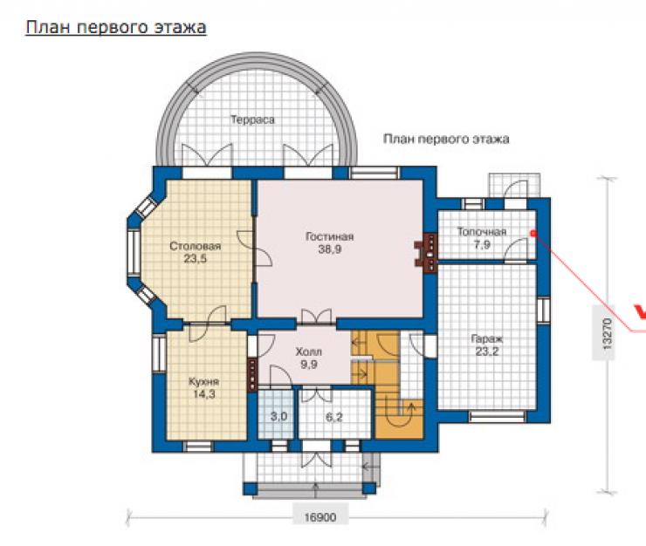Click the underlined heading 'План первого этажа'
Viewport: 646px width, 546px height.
click(x=116, y=28)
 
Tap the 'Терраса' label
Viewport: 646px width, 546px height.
click(x=252, y=119)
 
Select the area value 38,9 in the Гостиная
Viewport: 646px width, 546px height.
click(x=330, y=249)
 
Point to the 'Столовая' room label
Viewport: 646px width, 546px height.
click(x=196, y=246)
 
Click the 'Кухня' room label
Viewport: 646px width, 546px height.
click(x=204, y=382)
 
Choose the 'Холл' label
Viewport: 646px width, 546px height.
click(x=308, y=352)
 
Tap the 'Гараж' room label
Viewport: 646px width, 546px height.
click(x=487, y=339)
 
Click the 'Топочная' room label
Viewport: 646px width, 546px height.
click(x=482, y=232)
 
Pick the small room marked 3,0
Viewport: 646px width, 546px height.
click(x=275, y=414)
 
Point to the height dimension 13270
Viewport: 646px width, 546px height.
click(x=608, y=333)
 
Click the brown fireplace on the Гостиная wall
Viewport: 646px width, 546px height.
click(x=426, y=253)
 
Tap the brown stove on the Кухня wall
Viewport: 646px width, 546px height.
click(x=252, y=374)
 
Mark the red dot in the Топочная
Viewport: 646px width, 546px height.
click(x=533, y=233)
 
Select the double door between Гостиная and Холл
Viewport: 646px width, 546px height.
click(x=316, y=317)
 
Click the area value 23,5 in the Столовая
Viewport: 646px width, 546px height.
click(x=196, y=259)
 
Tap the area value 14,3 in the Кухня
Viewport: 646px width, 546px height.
click(x=204, y=394)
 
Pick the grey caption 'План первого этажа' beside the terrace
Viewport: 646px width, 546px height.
click(x=446, y=140)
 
